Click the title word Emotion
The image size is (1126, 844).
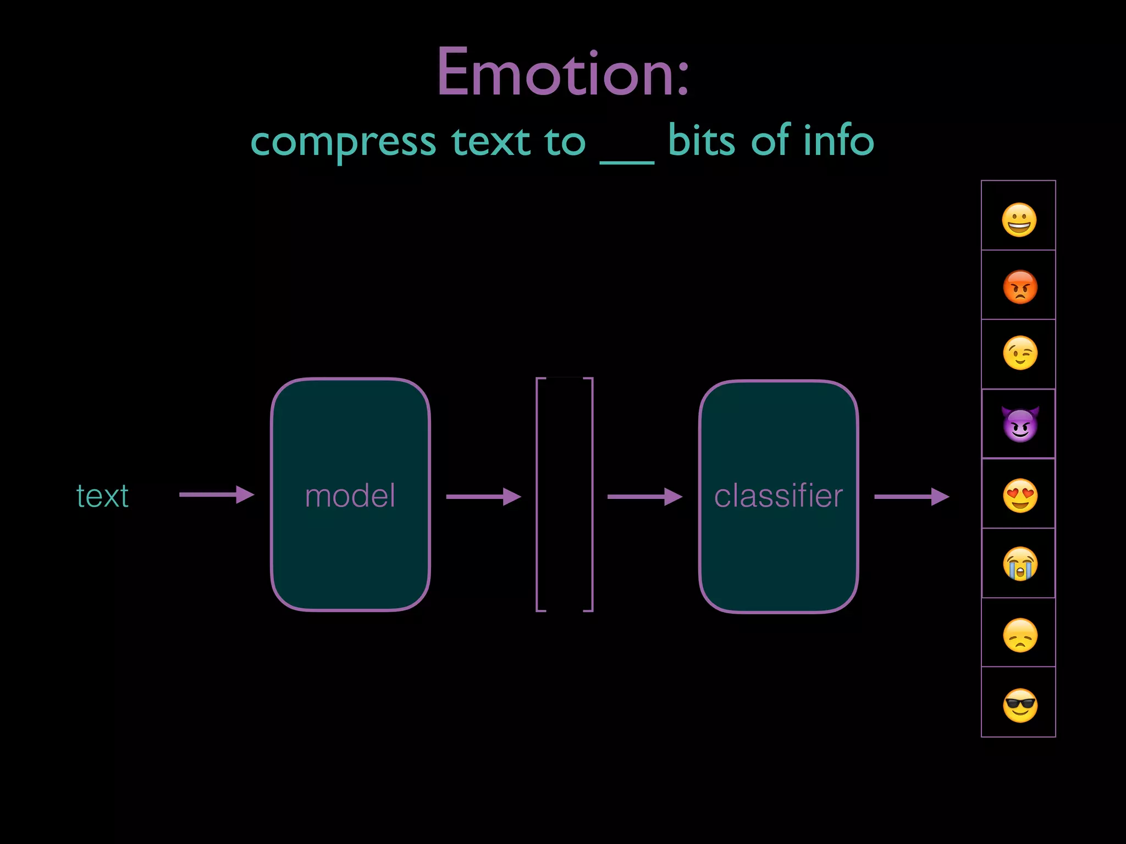pos(562,73)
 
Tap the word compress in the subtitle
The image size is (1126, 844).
pos(343,142)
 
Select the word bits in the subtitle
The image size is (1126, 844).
pos(701,141)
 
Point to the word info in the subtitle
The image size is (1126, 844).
pos(838,141)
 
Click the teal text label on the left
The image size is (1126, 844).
pos(102,496)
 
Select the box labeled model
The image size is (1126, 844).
pos(350,495)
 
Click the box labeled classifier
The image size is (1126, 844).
pos(778,496)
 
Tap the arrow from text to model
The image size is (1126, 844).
pos(216,495)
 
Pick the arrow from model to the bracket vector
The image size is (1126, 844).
pos(483,497)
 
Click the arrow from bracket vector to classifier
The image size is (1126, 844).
pos(644,497)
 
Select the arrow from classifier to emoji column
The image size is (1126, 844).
pos(911,497)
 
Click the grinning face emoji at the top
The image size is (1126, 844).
pos(1019,220)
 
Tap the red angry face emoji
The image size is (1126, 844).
pos(1020,287)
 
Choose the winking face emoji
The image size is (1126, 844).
pos(1020,353)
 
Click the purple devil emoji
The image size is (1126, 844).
pos(1020,424)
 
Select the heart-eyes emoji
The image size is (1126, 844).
pos(1020,496)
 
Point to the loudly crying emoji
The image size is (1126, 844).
pos(1020,564)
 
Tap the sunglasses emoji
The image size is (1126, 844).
pos(1020,705)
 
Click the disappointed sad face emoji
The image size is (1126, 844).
pos(1020,635)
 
